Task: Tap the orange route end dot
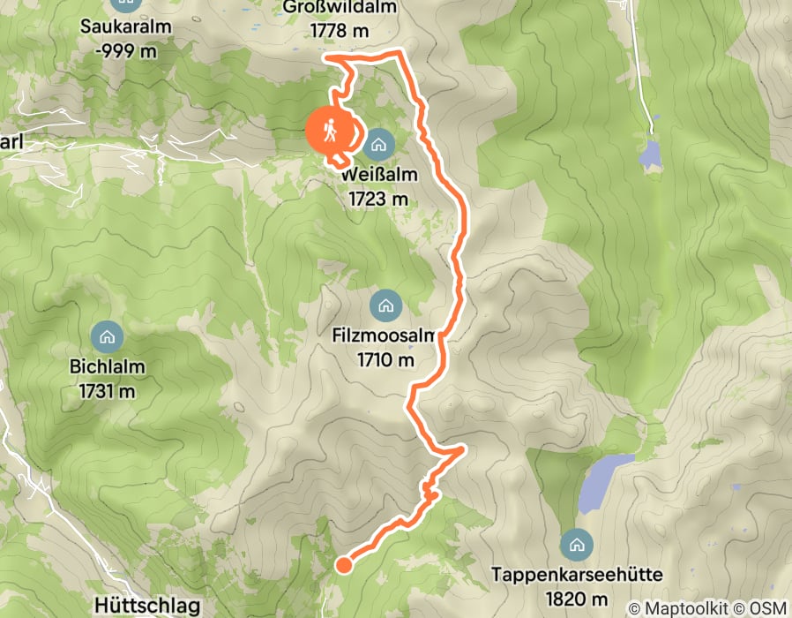tap(344, 564)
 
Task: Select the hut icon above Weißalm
tap(379, 143)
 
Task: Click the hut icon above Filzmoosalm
tap(385, 306)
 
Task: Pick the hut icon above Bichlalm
tap(107, 335)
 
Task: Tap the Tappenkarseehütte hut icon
tap(579, 543)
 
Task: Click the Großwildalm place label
tap(340, 8)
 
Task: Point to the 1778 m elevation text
tap(340, 30)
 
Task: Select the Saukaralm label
tap(125, 26)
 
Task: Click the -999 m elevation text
tap(125, 49)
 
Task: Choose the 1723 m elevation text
tap(379, 199)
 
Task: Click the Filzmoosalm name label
tap(385, 337)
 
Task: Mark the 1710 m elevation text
tap(385, 360)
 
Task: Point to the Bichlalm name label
tap(107, 366)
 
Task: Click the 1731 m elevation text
tap(107, 389)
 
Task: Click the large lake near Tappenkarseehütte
tap(602, 481)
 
